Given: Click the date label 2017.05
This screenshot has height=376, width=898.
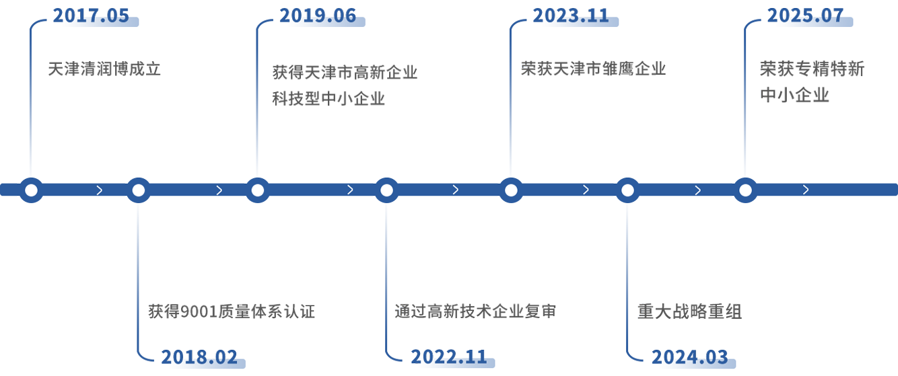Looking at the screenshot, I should click(x=91, y=16).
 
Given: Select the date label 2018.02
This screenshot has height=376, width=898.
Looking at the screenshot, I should click(x=199, y=356).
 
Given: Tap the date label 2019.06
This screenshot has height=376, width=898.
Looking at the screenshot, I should click(x=318, y=16).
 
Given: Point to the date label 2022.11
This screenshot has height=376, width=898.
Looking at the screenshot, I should click(x=449, y=356).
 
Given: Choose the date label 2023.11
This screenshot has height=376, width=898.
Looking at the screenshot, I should click(x=571, y=16).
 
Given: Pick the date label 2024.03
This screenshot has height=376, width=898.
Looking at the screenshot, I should click(x=690, y=356).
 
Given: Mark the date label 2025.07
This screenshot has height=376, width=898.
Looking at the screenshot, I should click(x=805, y=16).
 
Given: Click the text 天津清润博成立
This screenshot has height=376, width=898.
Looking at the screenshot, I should click(x=104, y=69).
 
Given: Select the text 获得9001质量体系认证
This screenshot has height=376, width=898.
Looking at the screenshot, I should click(x=231, y=311).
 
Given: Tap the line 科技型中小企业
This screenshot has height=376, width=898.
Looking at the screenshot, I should click(x=330, y=98).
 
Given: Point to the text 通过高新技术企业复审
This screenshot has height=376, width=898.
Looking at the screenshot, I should click(x=475, y=311).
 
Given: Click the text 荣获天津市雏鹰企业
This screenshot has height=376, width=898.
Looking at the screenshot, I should click(x=593, y=69).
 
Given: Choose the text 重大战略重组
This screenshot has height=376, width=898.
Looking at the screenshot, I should click(x=690, y=311).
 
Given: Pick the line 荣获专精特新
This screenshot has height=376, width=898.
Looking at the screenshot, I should click(x=813, y=69).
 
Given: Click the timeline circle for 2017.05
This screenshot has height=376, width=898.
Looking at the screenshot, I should click(x=31, y=190).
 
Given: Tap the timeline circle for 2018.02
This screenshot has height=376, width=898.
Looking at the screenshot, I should click(x=139, y=190).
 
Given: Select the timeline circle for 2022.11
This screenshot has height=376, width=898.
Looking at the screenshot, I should click(x=386, y=190).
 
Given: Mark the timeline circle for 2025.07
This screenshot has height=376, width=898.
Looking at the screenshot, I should click(x=745, y=190).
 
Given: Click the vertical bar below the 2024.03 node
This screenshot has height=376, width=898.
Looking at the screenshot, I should click(x=633, y=283).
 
